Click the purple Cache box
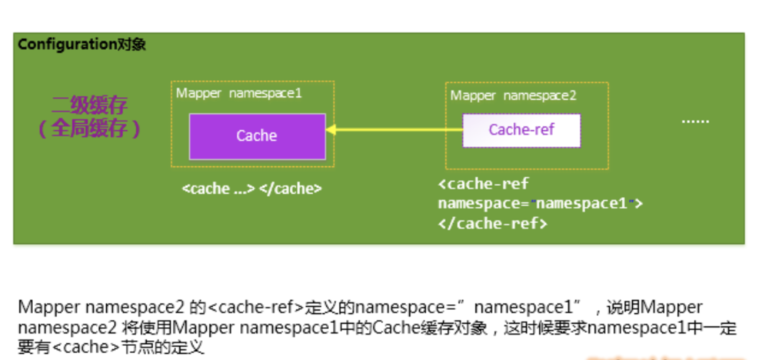257,136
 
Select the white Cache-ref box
521,130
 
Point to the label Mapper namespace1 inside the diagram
238,93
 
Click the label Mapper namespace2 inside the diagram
513,95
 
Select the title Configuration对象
82,45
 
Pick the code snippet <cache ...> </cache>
251,188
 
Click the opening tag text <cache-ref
483,185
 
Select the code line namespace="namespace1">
540,204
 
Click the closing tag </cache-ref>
492,223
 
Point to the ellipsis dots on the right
696,121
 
